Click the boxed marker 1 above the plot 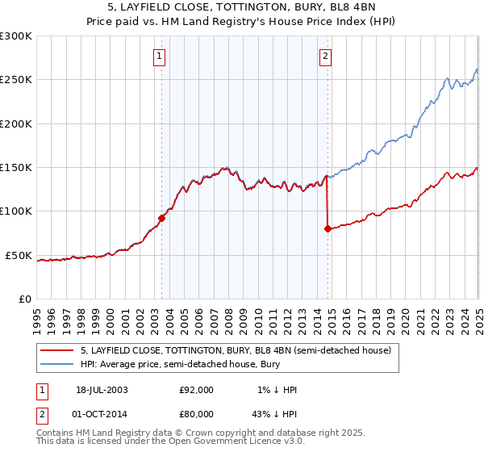[x=160, y=56]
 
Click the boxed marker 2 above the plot [x=324, y=56]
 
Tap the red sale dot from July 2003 [x=162, y=217]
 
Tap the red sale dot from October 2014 [x=328, y=228]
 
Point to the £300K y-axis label [x=15, y=36]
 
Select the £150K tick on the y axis [x=15, y=168]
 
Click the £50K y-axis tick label [x=19, y=255]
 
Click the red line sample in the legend [x=57, y=350]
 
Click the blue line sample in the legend [x=57, y=364]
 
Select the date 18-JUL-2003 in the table [x=100, y=390]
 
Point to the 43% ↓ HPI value [x=275, y=415]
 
